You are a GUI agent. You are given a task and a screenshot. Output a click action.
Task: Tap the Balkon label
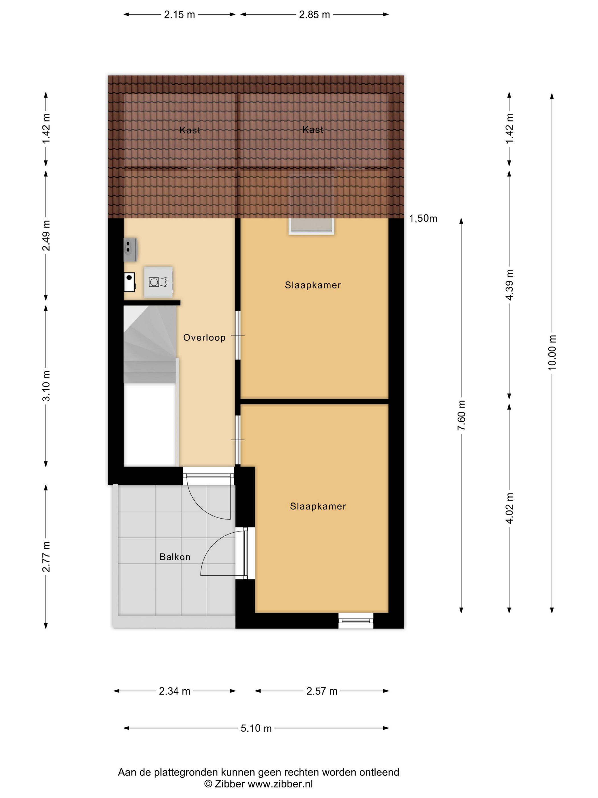pos(175,557)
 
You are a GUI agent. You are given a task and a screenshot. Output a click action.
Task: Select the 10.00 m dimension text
pos(552,353)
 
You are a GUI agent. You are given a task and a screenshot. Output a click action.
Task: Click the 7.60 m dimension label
pos(461,415)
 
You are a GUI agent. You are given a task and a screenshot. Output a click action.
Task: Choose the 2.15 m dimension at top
pos(179,15)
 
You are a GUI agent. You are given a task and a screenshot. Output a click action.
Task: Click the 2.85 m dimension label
pos(314,15)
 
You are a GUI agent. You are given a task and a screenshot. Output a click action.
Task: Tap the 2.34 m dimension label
pos(175,691)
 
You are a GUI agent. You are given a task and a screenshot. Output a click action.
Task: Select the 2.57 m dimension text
pos(322,691)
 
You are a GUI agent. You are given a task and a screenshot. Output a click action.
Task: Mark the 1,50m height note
pos(423,218)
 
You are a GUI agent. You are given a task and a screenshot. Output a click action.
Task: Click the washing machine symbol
pos(158,282)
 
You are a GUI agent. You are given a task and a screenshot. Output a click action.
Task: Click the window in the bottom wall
pos(356,620)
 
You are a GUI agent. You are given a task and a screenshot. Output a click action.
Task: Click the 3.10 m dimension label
pos(46,386)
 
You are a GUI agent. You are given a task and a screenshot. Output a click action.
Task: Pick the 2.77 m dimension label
pos(46,557)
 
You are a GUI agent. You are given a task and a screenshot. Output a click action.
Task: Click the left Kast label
pos(190,130)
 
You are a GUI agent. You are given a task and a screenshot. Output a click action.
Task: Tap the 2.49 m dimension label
pos(46,236)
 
